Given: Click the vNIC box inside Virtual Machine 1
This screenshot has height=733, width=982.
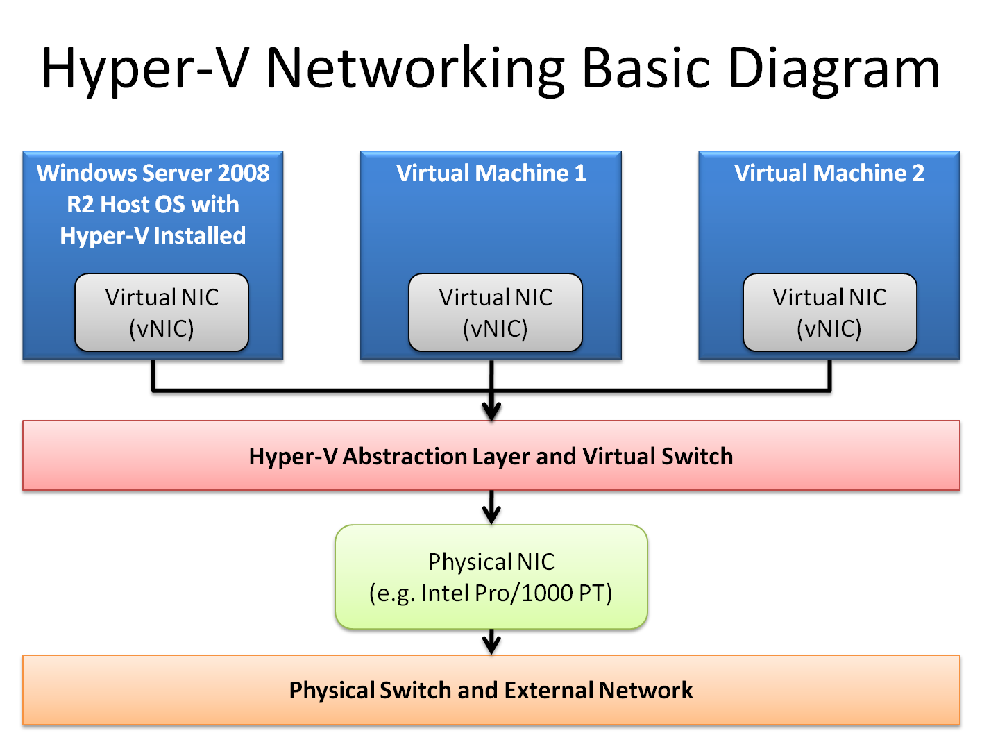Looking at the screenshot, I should click(496, 312).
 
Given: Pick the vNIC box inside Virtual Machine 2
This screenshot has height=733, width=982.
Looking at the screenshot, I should click(829, 312).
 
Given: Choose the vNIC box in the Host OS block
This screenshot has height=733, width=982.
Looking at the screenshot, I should click(162, 312).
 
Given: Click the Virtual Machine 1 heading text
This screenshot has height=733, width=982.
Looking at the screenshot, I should click(491, 173).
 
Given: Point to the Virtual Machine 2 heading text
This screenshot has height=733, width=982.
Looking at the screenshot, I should click(829, 173).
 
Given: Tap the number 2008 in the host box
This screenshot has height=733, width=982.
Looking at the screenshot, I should click(244, 173).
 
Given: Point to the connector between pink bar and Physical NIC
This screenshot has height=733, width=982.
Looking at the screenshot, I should click(491, 507).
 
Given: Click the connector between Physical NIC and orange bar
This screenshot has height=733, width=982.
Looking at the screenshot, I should click(491, 642).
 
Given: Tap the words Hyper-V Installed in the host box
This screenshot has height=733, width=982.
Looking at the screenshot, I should click(153, 236).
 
